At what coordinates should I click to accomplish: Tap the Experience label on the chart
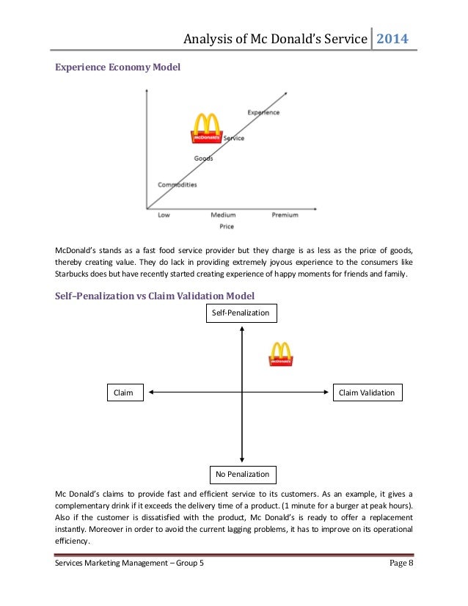pyautogui.click(x=263, y=112)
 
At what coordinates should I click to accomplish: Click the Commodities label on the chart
pyautogui.click(x=178, y=184)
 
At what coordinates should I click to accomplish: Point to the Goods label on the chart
pyautogui.click(x=203, y=158)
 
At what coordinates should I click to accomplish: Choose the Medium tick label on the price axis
pyautogui.click(x=223, y=215)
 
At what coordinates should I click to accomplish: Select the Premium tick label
pyautogui.click(x=285, y=215)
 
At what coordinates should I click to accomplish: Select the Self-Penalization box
pyautogui.click(x=241, y=313)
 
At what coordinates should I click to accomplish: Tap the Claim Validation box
pyautogui.click(x=368, y=393)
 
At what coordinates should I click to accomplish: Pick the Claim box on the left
pyautogui.click(x=123, y=393)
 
